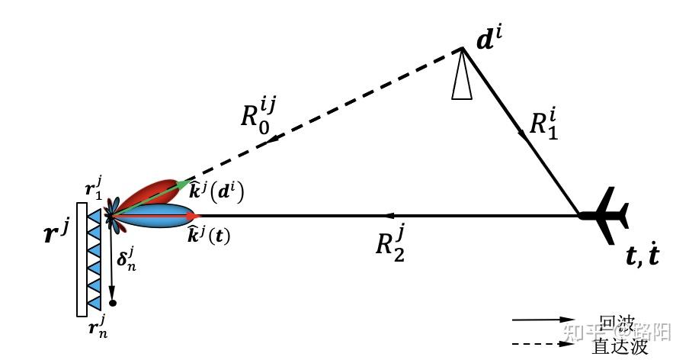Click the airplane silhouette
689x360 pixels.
[605, 215]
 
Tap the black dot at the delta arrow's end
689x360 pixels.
[113, 303]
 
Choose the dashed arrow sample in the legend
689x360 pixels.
[543, 345]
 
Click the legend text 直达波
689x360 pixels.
[621, 346]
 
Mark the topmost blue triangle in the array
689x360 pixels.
[95, 217]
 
